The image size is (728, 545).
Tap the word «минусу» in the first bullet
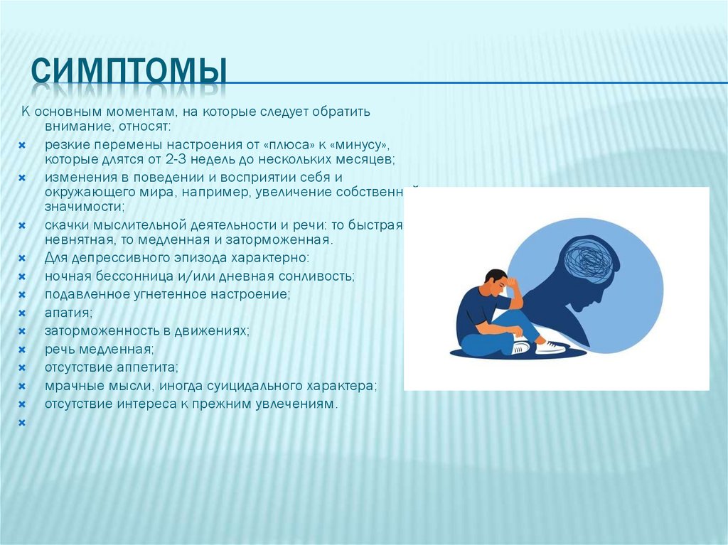359,144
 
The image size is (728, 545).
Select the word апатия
68,312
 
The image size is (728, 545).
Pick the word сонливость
314,275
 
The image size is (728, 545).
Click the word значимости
84,207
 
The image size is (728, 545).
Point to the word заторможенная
277,239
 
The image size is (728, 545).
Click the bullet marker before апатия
22,313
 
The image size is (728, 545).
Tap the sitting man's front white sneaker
551,347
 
